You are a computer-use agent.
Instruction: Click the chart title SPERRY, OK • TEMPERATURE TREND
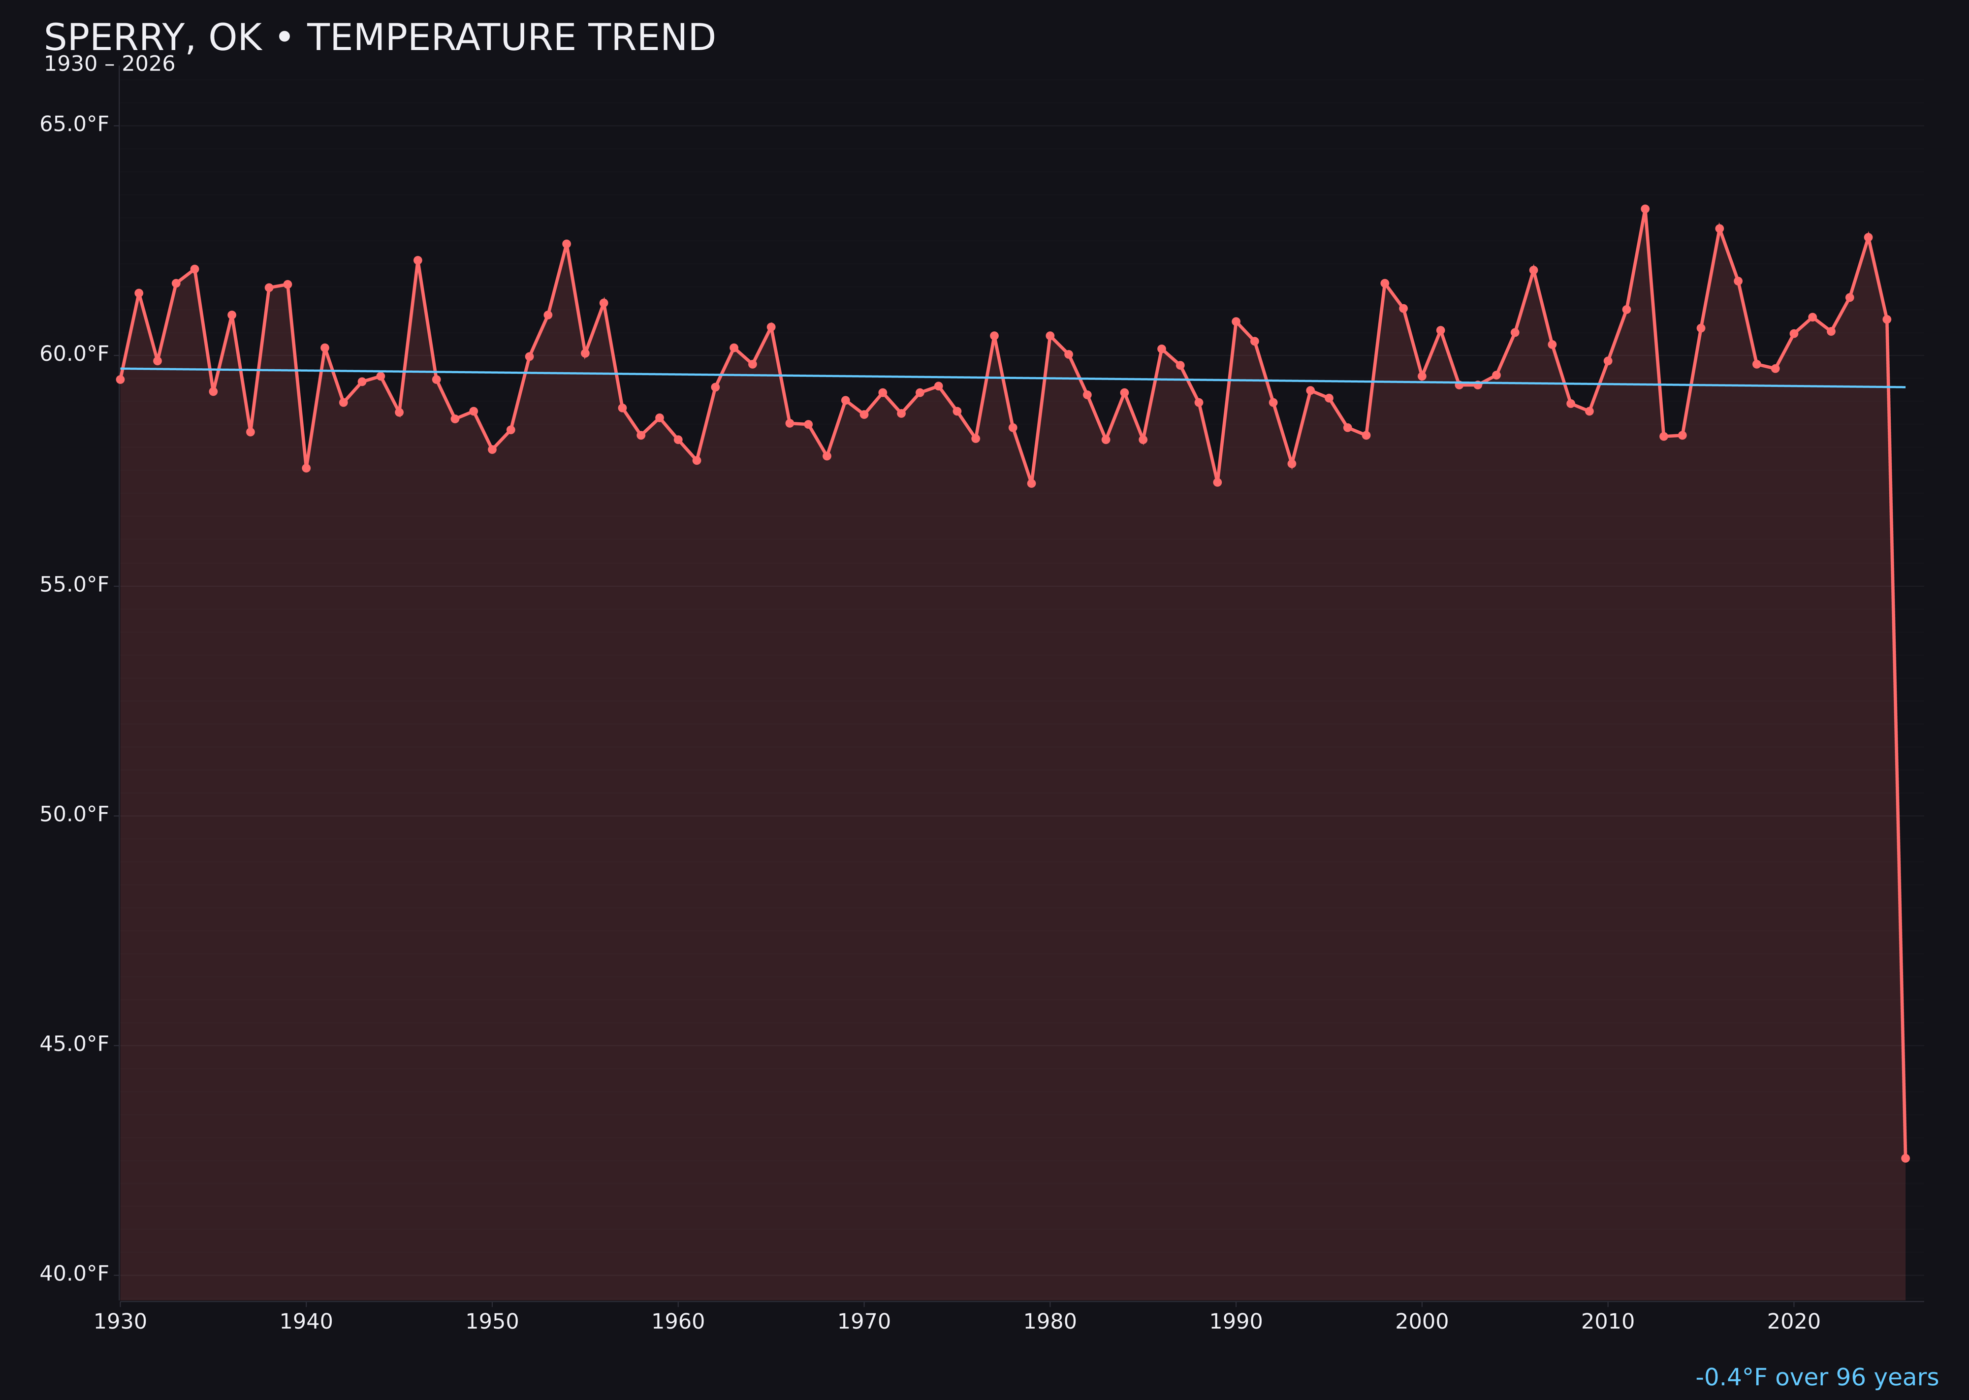click(x=380, y=38)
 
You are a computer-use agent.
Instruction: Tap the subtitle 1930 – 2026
click(x=109, y=64)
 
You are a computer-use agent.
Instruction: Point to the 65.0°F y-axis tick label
click(x=74, y=124)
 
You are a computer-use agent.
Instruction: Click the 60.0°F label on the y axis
click(x=74, y=354)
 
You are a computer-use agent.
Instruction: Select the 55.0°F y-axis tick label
click(x=74, y=584)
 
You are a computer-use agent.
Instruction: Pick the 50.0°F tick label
click(x=74, y=814)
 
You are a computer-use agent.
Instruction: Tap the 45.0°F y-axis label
click(x=74, y=1044)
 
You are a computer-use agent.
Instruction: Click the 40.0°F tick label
click(x=74, y=1273)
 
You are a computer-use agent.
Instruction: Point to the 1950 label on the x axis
click(x=492, y=1322)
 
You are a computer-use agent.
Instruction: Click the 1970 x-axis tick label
click(x=864, y=1322)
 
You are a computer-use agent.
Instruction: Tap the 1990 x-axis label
click(x=1236, y=1322)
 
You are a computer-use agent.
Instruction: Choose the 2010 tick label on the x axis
click(x=1608, y=1322)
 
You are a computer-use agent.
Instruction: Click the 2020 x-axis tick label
click(x=1794, y=1322)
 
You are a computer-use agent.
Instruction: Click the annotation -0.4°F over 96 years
click(x=1816, y=1377)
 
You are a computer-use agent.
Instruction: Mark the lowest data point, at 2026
click(x=1905, y=1158)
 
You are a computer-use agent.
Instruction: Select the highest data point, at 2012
click(x=1645, y=209)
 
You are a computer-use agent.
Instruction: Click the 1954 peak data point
click(x=567, y=244)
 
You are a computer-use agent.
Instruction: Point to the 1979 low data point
click(x=1031, y=483)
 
